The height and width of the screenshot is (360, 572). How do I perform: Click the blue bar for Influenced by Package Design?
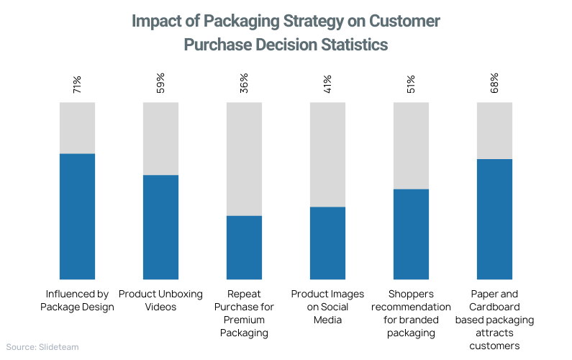77,216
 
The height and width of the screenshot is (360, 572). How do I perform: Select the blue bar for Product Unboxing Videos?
160,227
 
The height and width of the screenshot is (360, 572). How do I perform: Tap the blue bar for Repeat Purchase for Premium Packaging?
244,247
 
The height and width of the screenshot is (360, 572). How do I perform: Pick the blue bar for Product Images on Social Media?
327,243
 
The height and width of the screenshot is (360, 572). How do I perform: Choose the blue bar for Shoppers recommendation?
411,234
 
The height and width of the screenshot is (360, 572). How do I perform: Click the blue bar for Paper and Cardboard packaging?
494,219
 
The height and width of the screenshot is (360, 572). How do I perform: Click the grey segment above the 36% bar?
244,158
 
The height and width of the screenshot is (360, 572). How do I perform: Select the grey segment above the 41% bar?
327,154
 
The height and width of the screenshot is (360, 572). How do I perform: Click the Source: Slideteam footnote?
42,347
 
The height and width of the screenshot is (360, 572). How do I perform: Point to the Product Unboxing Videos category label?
160,300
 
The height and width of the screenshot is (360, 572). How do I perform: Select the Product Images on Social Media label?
327,307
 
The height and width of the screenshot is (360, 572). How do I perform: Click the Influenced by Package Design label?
77,300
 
